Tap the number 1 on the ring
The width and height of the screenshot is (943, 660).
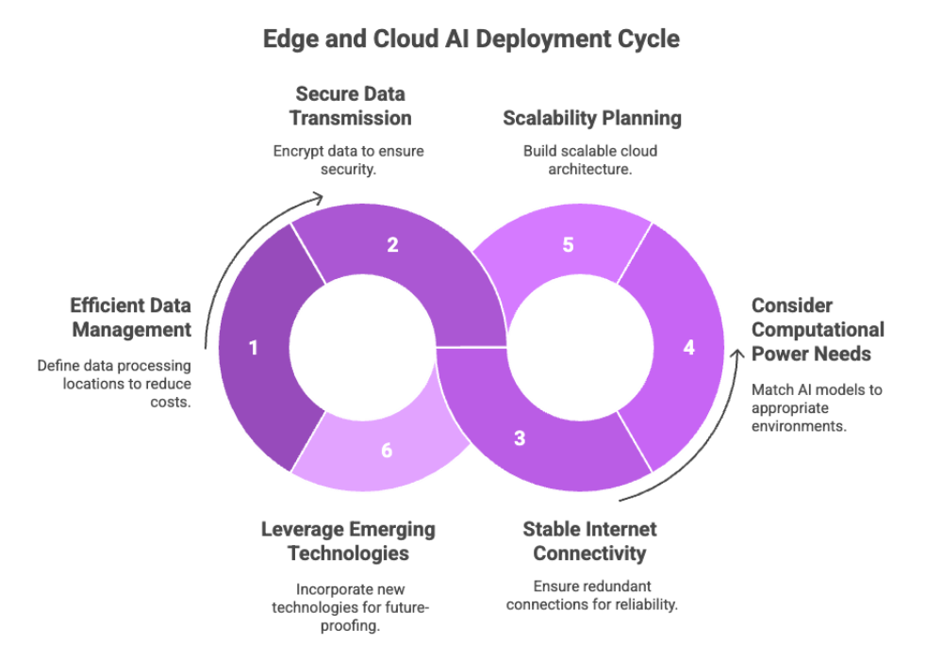[253, 348]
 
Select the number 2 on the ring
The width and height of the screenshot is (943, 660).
[392, 245]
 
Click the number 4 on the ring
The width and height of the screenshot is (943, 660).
[688, 348]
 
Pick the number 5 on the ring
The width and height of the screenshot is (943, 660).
[568, 245]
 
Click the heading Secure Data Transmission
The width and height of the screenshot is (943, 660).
[353, 107]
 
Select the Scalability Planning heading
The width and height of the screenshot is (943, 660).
[591, 119]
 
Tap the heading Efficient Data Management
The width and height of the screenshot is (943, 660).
[130, 318]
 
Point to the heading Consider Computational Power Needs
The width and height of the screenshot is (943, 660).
[818, 330]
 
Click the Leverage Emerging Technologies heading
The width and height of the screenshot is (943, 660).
[348, 541]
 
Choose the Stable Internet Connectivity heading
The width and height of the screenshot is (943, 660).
[589, 541]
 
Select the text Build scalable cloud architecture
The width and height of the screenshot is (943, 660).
[591, 158]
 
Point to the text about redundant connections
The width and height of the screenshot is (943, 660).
[591, 594]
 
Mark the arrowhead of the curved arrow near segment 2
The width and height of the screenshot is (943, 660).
[319, 197]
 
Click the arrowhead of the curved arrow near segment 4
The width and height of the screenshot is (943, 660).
[737, 354]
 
